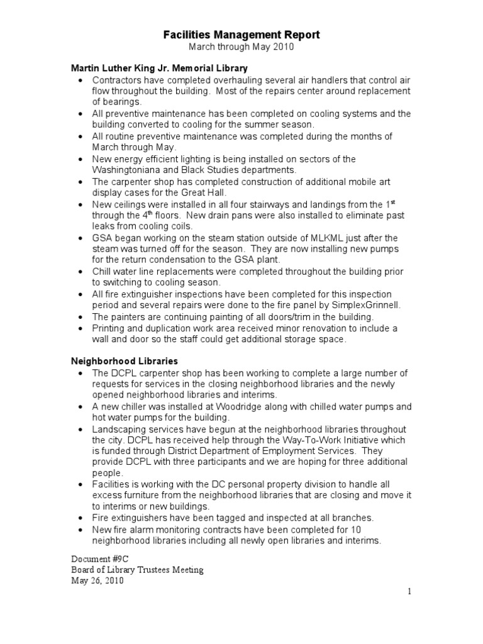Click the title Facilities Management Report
242,35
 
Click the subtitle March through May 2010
242,47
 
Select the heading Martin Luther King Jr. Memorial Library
159,68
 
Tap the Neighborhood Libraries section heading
125,361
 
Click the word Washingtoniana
131,170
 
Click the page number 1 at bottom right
409,592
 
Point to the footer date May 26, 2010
97,581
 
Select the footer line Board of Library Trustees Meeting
137,570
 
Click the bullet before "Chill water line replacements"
81,272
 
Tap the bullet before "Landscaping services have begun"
81,429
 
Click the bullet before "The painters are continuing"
81,317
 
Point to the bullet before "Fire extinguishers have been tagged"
81,518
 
